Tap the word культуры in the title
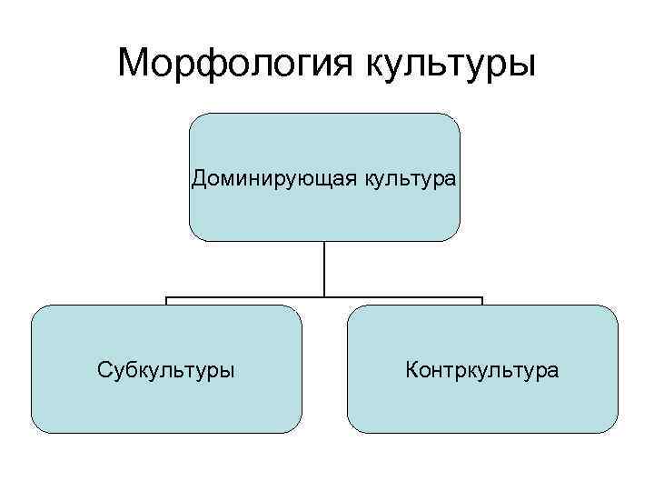point(450,63)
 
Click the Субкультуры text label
point(166,370)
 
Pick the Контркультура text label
point(482,370)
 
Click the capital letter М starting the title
point(134,63)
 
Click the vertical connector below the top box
point(324,268)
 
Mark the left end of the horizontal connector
point(166,298)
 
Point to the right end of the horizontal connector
point(482,298)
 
